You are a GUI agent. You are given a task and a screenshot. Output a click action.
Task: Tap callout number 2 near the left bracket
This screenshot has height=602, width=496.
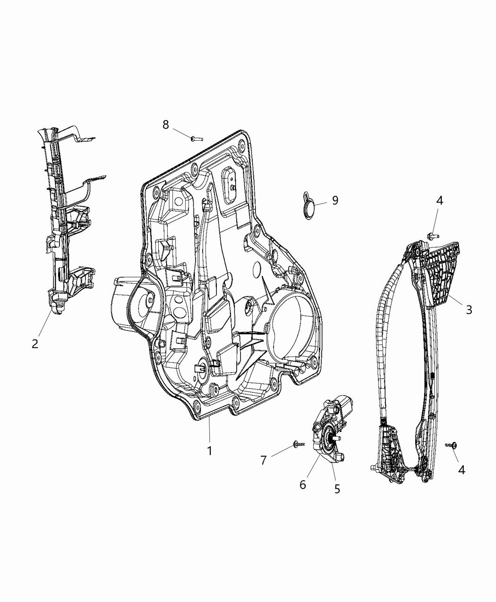tap(35, 343)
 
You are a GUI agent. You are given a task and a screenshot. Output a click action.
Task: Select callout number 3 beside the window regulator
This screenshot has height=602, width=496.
tap(469, 310)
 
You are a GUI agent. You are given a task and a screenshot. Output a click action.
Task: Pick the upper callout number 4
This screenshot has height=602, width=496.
tap(439, 200)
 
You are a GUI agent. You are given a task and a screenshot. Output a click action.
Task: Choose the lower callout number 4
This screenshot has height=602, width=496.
tap(462, 470)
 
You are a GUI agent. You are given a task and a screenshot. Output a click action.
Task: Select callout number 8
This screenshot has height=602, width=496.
tap(165, 125)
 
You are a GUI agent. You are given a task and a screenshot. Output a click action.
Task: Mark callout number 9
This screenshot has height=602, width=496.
tap(335, 200)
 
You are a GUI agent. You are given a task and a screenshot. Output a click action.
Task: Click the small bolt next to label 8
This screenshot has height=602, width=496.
tap(196, 138)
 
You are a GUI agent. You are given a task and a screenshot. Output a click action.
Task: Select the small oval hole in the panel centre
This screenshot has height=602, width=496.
tap(257, 270)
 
